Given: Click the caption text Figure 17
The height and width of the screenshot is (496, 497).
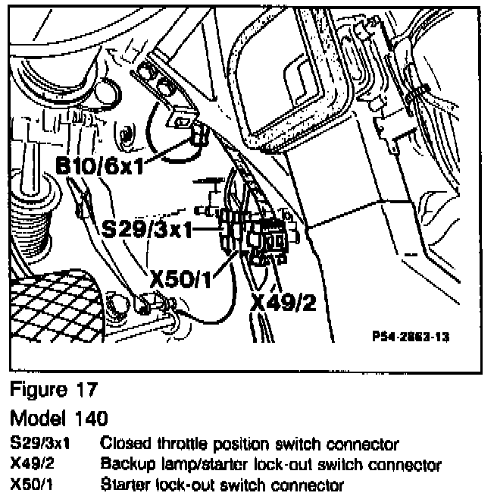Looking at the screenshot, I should (54, 391).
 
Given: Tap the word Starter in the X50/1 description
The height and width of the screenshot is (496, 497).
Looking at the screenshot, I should (123, 484).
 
